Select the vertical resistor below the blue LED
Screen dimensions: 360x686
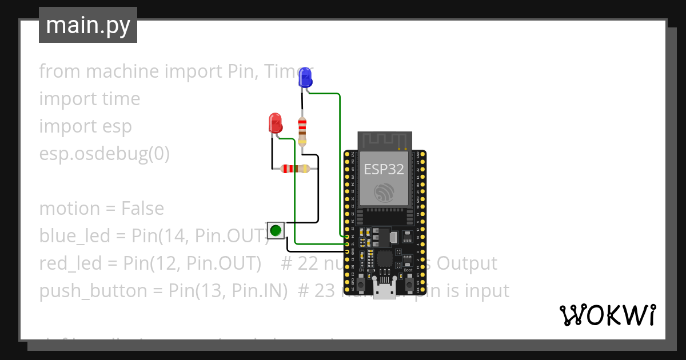click(302, 131)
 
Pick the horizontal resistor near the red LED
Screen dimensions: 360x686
click(292, 169)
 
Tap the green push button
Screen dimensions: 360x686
click(276, 230)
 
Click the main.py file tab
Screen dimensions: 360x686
click(88, 26)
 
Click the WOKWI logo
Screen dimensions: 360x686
click(607, 315)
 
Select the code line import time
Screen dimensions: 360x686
click(89, 99)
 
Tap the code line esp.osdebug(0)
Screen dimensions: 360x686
click(104, 154)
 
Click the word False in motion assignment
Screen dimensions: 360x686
click(142, 209)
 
